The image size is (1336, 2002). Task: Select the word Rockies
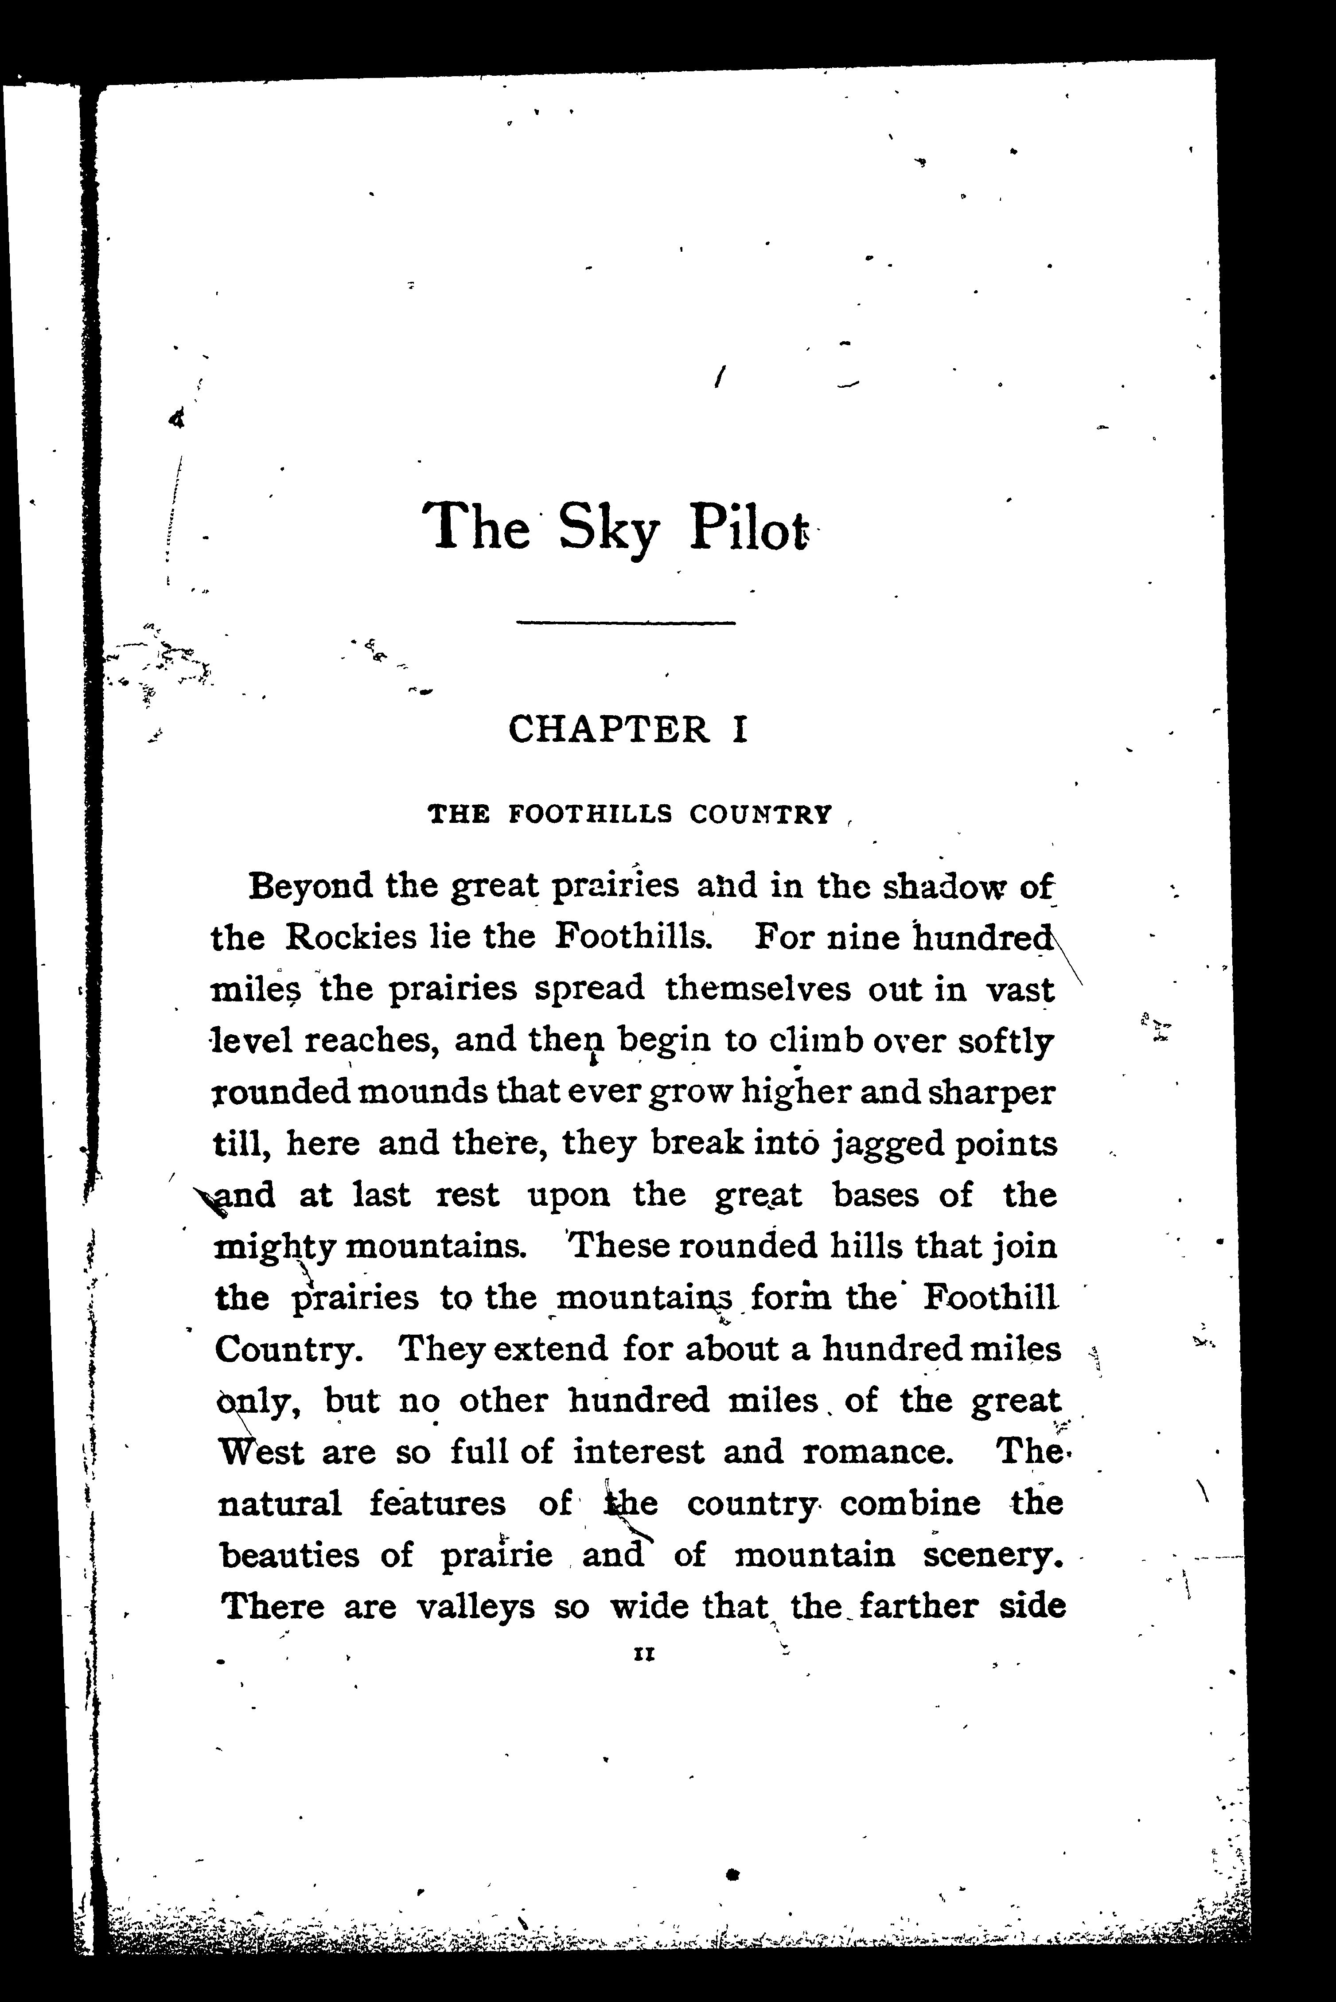352,938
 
